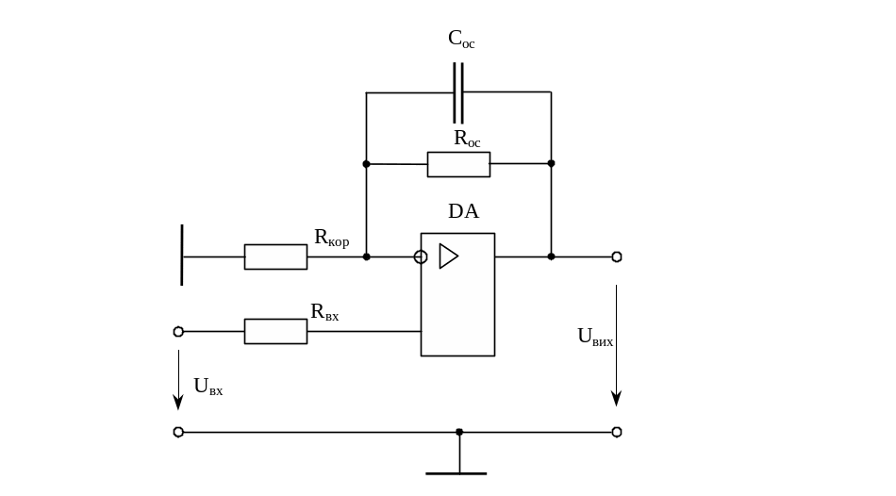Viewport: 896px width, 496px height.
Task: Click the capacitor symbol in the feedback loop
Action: click(458, 91)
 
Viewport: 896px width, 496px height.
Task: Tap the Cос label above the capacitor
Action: click(461, 40)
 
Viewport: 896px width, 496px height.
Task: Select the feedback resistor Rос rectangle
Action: click(458, 164)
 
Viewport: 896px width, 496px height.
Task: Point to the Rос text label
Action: click(467, 139)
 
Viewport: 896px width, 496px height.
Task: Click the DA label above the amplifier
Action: click(463, 211)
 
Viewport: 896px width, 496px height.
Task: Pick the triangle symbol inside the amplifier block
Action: click(448, 256)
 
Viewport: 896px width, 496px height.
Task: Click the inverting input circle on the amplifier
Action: click(421, 256)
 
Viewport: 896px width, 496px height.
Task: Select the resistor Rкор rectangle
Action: click(275, 256)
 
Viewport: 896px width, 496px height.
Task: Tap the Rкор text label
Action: click(332, 239)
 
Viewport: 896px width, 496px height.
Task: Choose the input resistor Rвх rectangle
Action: click(275, 331)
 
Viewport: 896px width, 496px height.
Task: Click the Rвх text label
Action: click(324, 311)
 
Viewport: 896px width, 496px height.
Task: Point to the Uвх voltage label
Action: click(208, 385)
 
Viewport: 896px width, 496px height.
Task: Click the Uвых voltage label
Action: click(595, 337)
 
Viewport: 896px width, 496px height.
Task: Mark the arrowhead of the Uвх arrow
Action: click(178, 402)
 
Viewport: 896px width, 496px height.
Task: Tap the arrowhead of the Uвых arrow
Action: click(617, 397)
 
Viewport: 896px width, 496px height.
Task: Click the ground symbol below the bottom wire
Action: click(458, 471)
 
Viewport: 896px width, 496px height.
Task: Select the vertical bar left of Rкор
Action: click(182, 255)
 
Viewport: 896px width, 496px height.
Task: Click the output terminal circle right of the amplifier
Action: click(617, 256)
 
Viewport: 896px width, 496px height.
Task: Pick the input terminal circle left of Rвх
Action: click(178, 331)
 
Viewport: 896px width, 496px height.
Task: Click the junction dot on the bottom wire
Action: click(459, 432)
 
